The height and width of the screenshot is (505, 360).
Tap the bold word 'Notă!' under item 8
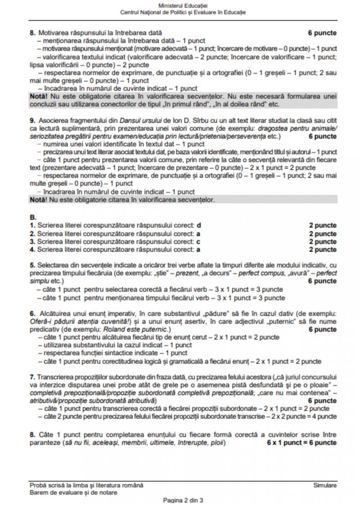point(38,97)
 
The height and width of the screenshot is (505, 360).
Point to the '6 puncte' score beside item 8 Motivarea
point(322,33)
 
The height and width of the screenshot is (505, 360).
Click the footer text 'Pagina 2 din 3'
point(183,500)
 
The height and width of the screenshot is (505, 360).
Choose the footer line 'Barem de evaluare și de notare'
point(73,492)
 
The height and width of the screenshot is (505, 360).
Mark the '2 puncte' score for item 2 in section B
point(322,234)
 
